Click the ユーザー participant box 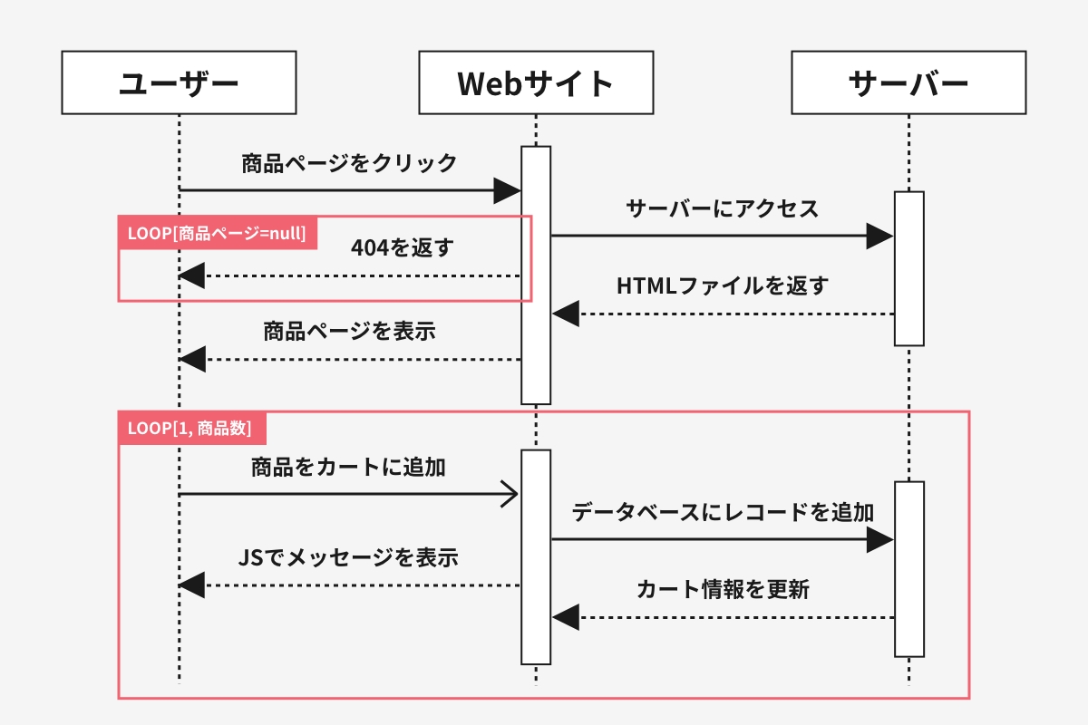pos(179,82)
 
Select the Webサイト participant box pos(536,82)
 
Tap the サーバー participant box pos(908,82)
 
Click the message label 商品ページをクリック pos(349,163)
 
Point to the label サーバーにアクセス pos(723,208)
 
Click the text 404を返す pos(403,247)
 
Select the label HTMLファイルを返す pos(723,285)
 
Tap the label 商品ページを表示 pos(349,331)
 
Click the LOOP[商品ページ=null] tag pos(217,233)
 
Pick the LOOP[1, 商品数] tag pos(192,429)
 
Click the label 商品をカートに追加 pos(348,467)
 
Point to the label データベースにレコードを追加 pos(723,512)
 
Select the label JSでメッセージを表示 pos(348,557)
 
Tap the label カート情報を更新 pos(723,590)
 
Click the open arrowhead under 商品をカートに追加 pos(509,494)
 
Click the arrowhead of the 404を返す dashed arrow pos(191,275)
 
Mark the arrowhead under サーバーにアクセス pos(879,237)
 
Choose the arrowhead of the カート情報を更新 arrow pos(566,618)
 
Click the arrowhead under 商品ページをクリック pos(507,190)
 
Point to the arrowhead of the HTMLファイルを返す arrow pos(566,314)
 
